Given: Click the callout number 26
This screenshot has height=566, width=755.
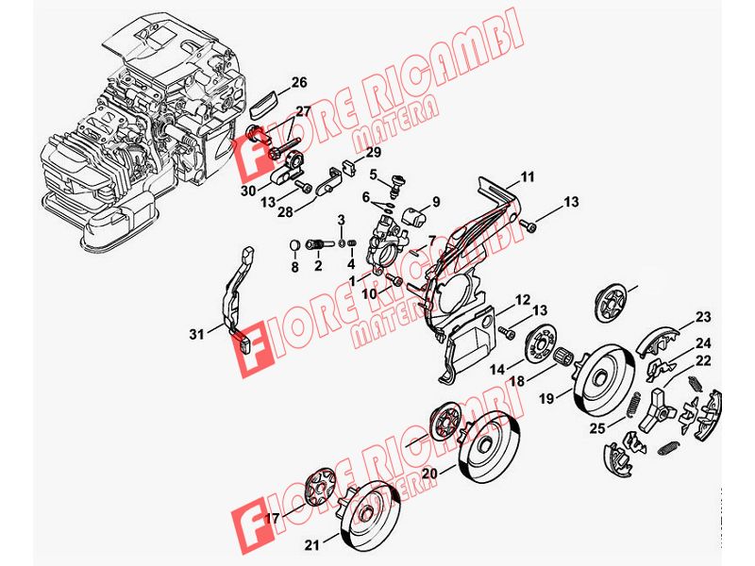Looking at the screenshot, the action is click(299, 82).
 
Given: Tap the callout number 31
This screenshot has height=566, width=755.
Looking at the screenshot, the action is click(196, 334).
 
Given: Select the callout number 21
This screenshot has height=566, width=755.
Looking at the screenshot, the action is click(312, 545).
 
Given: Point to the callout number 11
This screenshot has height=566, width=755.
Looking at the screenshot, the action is click(528, 177).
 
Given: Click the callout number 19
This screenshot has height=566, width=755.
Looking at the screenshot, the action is click(547, 398).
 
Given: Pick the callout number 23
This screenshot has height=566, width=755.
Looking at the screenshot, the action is click(703, 317).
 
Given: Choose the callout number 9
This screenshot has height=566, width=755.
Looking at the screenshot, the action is click(436, 202).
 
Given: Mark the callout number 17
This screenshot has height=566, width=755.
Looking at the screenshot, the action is click(273, 519).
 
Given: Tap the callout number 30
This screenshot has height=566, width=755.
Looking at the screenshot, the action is click(248, 191).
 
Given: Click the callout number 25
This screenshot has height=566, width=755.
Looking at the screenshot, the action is click(597, 428).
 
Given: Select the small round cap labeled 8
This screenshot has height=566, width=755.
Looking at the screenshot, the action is click(294, 246).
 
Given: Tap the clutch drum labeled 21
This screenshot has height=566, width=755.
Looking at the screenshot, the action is click(370, 514).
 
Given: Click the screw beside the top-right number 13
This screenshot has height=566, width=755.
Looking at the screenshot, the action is click(529, 225).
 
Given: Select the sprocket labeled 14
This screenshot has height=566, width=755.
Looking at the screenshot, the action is click(541, 344).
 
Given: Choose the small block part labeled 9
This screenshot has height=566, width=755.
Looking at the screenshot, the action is click(415, 215).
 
